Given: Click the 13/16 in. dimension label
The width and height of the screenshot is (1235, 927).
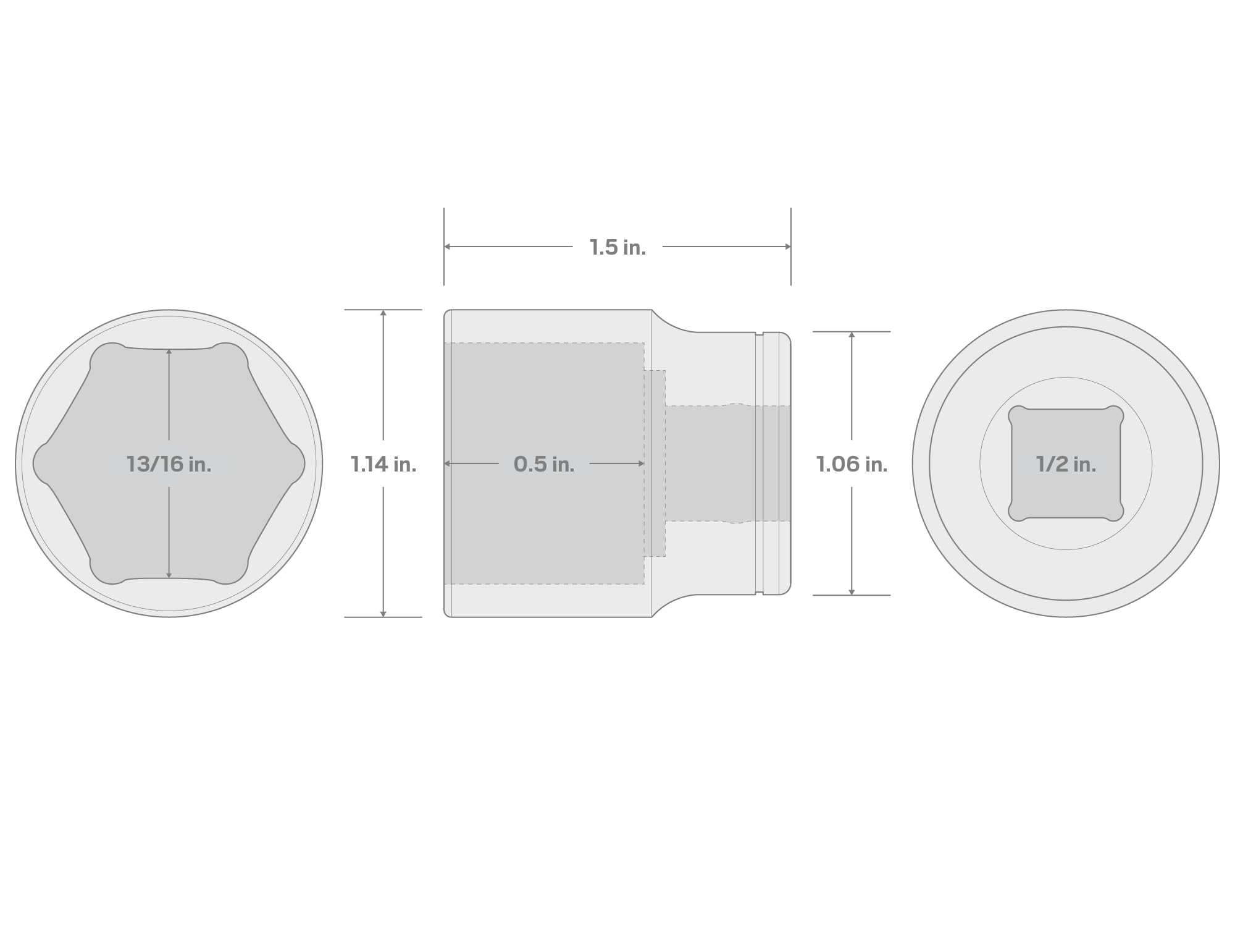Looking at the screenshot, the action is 169,464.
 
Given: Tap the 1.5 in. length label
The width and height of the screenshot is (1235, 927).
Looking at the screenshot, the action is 617,247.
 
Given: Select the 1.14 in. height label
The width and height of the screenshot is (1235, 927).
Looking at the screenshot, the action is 383,464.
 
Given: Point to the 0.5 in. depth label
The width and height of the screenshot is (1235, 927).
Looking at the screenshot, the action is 544,464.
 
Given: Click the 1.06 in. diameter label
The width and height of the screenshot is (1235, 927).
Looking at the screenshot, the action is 852,464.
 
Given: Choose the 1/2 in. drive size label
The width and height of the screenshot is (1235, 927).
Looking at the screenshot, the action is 1066,464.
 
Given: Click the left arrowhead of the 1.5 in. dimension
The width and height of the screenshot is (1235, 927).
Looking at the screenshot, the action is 447,247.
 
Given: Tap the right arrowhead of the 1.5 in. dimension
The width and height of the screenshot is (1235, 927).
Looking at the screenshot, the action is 788,247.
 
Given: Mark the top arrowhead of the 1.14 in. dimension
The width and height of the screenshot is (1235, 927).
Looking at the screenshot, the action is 383,313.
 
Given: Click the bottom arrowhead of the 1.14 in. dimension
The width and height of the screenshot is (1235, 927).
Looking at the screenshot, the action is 383,614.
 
